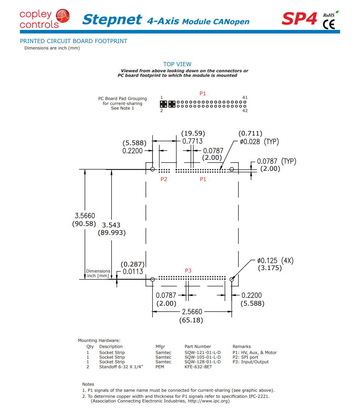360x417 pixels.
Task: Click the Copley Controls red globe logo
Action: coord(63,16)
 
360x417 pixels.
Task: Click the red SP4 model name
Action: coord(300,19)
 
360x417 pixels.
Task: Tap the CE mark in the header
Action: coord(329,25)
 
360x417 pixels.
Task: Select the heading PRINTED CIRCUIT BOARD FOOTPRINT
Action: coord(74,41)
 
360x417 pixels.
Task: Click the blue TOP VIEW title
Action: coord(177,64)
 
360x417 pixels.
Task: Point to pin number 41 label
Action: coord(245,97)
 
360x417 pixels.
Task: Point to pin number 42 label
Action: coord(245,111)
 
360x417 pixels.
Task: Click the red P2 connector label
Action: coord(164,179)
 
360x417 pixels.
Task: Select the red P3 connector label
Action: coord(188,271)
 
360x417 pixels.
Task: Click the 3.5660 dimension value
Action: coord(85,216)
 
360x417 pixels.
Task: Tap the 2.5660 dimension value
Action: coord(192,312)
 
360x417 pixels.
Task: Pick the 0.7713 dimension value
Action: coord(192,141)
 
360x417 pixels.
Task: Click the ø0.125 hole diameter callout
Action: coord(267,260)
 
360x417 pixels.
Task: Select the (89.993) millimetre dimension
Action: coord(112,233)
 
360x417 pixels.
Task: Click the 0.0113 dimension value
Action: coord(133,271)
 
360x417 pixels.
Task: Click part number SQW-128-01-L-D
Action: coord(203,362)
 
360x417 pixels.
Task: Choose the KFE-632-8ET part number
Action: coord(198,367)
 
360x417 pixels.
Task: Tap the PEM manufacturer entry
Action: coord(160,367)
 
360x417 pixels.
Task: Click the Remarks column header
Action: coord(242,347)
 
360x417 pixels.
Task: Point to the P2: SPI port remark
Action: coord(246,357)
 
